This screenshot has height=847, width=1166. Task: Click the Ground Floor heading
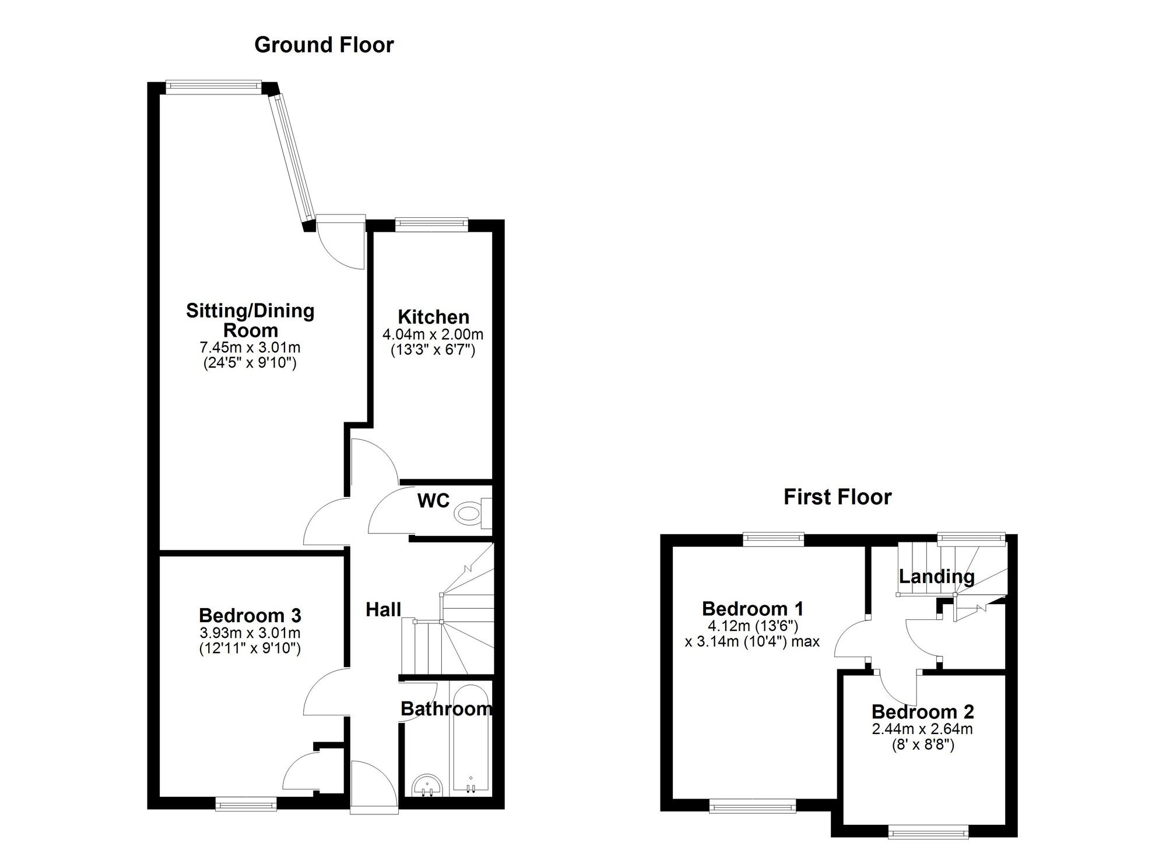324,45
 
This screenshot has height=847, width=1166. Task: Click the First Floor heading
837,497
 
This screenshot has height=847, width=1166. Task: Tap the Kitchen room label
433,317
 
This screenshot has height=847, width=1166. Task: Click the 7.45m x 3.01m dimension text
250,348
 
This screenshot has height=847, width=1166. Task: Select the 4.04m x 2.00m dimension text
433,334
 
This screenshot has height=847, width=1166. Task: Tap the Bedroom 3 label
250,615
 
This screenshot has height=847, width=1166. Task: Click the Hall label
383,609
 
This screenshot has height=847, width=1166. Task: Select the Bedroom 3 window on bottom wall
245,805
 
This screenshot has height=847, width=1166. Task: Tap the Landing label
936,577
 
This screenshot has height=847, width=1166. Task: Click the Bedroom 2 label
922,712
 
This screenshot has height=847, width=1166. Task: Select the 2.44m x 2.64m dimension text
922,729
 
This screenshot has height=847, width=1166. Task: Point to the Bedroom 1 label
753,609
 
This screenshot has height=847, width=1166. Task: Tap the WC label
433,500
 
